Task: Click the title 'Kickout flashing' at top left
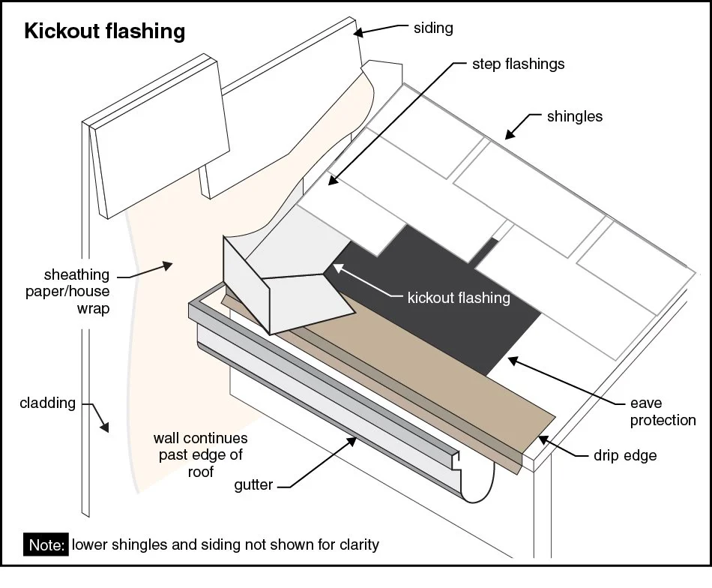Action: pyautogui.click(x=105, y=31)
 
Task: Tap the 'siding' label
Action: pyautogui.click(x=433, y=28)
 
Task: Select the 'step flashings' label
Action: pyautogui.click(x=518, y=64)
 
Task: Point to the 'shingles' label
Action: pyautogui.click(x=574, y=116)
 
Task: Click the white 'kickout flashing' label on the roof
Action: pyautogui.click(x=458, y=298)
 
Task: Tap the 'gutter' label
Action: pyautogui.click(x=253, y=485)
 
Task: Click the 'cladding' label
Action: pyautogui.click(x=48, y=403)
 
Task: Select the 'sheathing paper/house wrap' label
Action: pyautogui.click(x=76, y=292)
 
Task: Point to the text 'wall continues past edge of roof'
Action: pyautogui.click(x=201, y=454)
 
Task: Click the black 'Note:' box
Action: pyautogui.click(x=47, y=544)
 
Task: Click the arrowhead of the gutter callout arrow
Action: pyautogui.click(x=354, y=442)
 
